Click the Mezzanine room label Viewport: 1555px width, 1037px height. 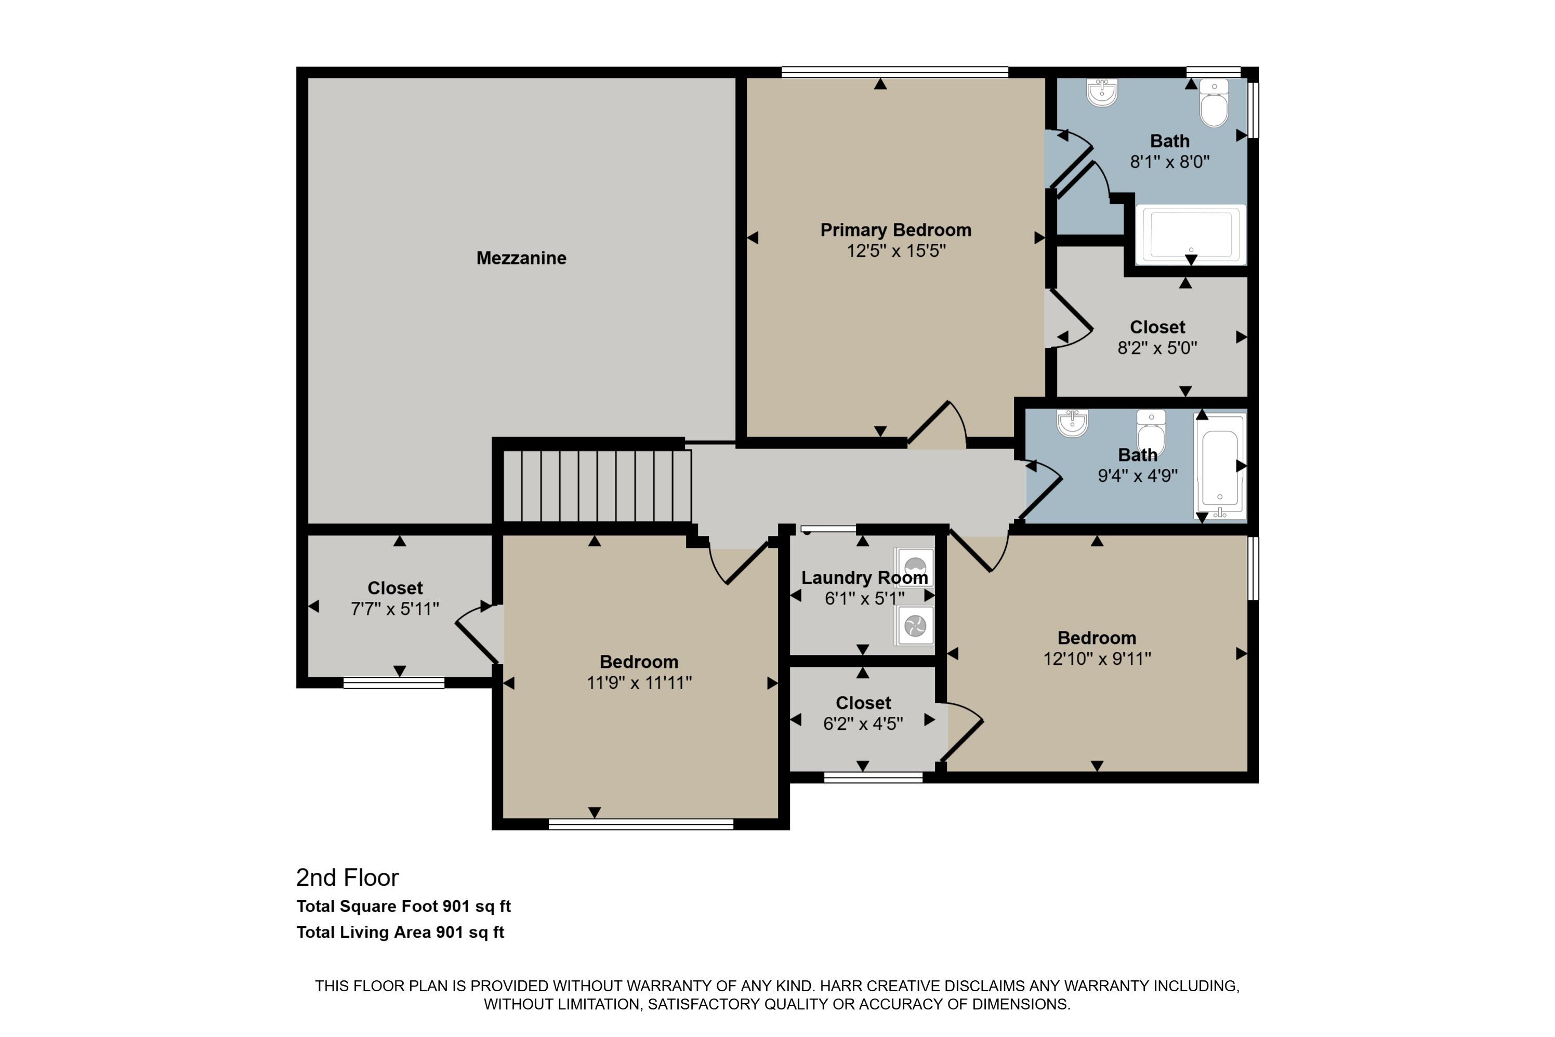point(521,258)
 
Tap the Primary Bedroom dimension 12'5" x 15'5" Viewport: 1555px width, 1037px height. point(896,251)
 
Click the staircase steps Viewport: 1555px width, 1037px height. point(597,485)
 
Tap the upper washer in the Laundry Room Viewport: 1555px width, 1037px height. point(914,567)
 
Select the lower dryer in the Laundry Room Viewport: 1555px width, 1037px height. point(914,625)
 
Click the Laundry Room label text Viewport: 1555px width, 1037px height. point(864,577)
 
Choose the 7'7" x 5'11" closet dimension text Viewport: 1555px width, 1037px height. point(394,609)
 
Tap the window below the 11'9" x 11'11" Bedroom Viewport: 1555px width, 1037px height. point(641,824)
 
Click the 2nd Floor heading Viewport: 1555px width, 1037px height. point(347,877)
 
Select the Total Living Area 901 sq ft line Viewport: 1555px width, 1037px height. point(400,933)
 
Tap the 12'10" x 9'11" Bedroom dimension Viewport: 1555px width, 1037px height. point(1097,659)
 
